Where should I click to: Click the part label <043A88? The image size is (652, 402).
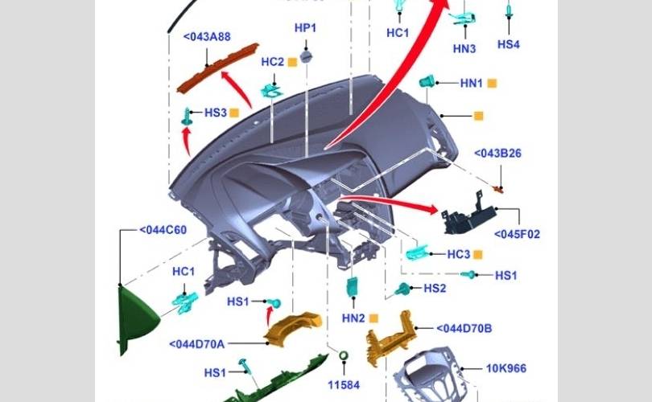207,36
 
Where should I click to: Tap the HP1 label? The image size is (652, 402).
305,28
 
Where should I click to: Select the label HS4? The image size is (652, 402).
509,44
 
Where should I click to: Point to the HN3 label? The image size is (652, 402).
464,48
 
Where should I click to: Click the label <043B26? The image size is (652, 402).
497,154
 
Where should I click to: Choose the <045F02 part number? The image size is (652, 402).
517,234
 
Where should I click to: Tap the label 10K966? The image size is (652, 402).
506,368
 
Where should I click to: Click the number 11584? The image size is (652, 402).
344,385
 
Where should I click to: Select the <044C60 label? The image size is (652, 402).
163,230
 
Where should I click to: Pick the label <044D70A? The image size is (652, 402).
196,344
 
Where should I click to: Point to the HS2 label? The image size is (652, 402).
435,288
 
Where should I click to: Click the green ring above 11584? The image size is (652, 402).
344,356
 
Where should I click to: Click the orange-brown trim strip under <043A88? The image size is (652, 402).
218,68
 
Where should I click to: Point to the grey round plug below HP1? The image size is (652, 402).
306,56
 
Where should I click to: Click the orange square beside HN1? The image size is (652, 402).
492,84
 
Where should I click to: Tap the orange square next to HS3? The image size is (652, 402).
234,113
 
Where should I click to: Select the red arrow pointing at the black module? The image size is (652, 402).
389,203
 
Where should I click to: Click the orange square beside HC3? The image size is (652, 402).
478,255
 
